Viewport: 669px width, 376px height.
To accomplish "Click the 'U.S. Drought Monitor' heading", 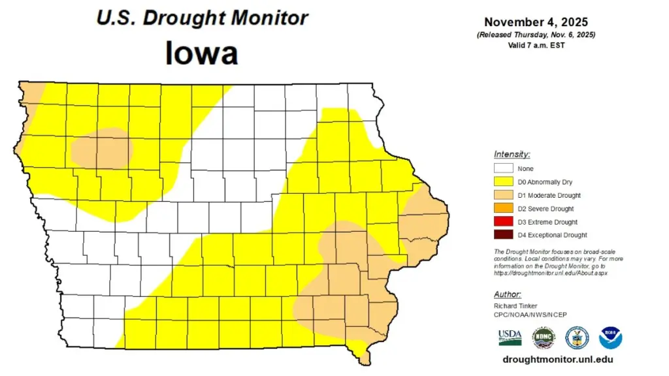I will [x=202, y=18].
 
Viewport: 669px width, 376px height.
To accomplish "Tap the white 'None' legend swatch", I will [x=502, y=169].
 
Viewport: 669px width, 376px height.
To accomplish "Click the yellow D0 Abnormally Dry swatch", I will [x=502, y=182].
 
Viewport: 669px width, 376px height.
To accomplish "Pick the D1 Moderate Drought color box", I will [x=502, y=195].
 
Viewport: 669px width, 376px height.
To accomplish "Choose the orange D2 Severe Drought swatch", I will [x=502, y=209].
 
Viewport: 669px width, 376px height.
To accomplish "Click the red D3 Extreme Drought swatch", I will [x=502, y=222].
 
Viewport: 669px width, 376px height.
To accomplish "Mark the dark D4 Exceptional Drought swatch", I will [x=502, y=235].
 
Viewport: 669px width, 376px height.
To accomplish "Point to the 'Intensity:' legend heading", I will [x=512, y=155].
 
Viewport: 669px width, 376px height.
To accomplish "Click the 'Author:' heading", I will [x=508, y=294].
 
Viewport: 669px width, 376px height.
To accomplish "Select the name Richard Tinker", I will [x=515, y=305].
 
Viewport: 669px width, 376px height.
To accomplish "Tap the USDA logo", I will [x=510, y=337].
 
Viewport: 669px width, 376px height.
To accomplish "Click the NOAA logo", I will [x=610, y=337].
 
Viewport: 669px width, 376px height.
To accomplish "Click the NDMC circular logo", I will [x=543, y=337].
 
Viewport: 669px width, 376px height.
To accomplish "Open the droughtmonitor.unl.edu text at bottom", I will [x=558, y=360].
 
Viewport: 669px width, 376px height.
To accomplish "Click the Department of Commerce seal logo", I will [x=577, y=337].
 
